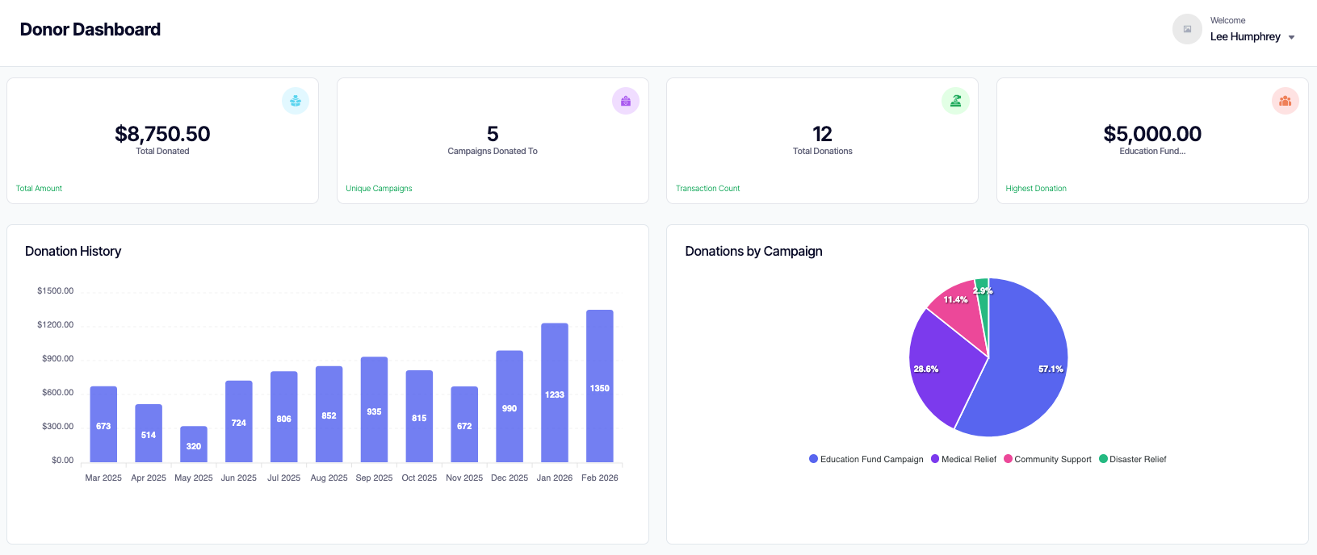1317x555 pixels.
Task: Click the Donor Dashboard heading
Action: [x=90, y=30]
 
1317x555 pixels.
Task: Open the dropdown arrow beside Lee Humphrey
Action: [x=1291, y=37]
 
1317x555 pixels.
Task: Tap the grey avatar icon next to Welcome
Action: [x=1187, y=29]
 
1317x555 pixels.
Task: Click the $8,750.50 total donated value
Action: [x=162, y=134]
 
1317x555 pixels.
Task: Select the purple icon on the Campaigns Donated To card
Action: [x=625, y=101]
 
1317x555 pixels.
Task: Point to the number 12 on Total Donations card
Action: [x=822, y=134]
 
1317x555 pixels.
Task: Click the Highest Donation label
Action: [x=1035, y=189]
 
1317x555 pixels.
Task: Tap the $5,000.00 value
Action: [x=1151, y=134]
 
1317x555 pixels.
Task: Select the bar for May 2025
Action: [x=194, y=444]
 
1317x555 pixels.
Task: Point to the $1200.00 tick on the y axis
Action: [x=55, y=325]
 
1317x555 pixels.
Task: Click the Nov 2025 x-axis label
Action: [x=464, y=478]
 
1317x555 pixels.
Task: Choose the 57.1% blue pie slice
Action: [x=1025, y=371]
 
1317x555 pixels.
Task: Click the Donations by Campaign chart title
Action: [x=753, y=252]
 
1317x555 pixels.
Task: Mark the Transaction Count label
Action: [x=707, y=189]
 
